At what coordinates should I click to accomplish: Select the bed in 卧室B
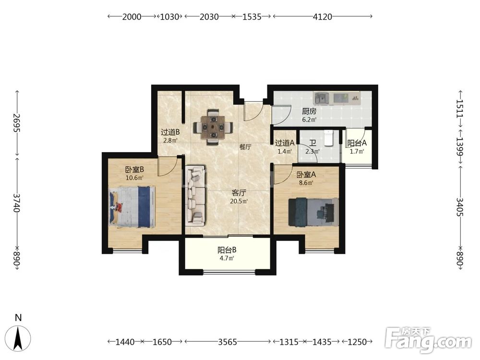[132, 207]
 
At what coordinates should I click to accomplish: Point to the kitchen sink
[321, 98]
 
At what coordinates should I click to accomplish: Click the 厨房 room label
[309, 111]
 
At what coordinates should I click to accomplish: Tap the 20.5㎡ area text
[239, 202]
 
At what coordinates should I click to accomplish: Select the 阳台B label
[227, 250]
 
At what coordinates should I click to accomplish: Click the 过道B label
[170, 132]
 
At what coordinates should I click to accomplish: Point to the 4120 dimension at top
[323, 16]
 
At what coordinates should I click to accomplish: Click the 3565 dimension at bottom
[228, 342]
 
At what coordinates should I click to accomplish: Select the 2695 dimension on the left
[17, 123]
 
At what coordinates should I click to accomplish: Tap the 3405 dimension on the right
[460, 207]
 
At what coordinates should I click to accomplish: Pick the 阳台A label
[357, 143]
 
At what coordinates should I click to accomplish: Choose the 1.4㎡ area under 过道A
[284, 151]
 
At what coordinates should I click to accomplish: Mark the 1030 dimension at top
[169, 16]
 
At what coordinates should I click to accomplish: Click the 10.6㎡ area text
[134, 178]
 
